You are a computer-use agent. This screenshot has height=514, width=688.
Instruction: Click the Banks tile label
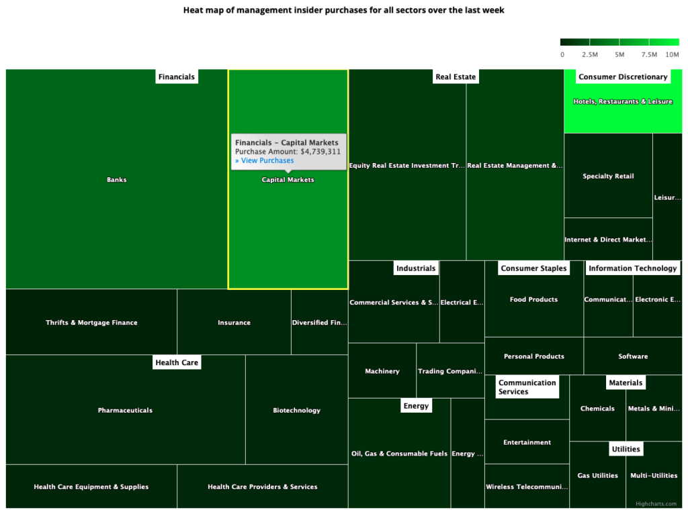116,180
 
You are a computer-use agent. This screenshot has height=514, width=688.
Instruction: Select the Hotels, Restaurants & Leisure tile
622,102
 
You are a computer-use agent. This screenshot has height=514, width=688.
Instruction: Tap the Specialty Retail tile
608,176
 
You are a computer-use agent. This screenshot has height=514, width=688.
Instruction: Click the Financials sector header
176,77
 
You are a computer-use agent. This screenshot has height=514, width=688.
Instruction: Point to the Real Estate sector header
456,77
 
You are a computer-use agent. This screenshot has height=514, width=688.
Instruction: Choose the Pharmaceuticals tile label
125,411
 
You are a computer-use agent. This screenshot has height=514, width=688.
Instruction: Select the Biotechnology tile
296,411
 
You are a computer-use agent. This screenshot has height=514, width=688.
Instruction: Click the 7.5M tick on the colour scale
649,54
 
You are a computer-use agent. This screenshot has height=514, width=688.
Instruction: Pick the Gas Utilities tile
597,476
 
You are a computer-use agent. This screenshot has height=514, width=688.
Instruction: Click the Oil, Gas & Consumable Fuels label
399,454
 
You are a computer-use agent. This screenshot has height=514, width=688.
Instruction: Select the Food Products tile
533,300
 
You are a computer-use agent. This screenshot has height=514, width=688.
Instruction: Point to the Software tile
633,357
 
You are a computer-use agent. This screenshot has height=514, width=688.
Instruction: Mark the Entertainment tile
527,443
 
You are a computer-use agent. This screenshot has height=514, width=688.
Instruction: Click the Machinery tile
382,372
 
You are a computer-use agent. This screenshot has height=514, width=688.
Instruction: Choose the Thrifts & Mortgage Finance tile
91,323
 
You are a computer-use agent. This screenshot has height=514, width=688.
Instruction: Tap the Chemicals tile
597,409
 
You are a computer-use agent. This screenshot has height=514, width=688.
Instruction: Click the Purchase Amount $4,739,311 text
288,152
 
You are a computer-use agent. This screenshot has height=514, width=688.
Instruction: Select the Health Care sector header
177,363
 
